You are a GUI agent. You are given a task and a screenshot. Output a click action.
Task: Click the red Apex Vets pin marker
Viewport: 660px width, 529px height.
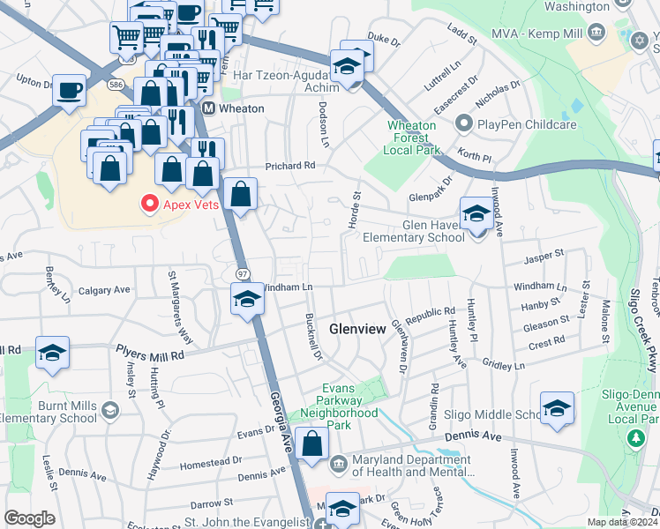point(149,204)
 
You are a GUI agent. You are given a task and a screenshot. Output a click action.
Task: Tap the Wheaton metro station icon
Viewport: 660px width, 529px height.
point(209,108)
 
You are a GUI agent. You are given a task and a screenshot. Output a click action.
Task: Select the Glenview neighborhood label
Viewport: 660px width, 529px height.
point(357,329)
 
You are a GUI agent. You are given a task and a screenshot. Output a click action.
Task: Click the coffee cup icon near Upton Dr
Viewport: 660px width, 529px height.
point(68,90)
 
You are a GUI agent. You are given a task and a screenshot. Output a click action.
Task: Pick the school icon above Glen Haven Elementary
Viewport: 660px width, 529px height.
point(476,213)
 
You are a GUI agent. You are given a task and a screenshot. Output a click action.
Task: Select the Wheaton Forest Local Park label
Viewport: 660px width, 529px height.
point(412,138)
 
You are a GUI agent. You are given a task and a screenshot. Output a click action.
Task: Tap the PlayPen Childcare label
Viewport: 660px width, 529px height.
point(526,125)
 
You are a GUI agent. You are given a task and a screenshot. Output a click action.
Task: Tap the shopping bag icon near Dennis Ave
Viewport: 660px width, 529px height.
point(311,443)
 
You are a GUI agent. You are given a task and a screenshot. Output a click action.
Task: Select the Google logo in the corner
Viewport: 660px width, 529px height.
point(29,518)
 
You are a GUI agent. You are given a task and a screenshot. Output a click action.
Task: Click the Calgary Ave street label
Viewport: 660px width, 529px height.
point(103,289)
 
